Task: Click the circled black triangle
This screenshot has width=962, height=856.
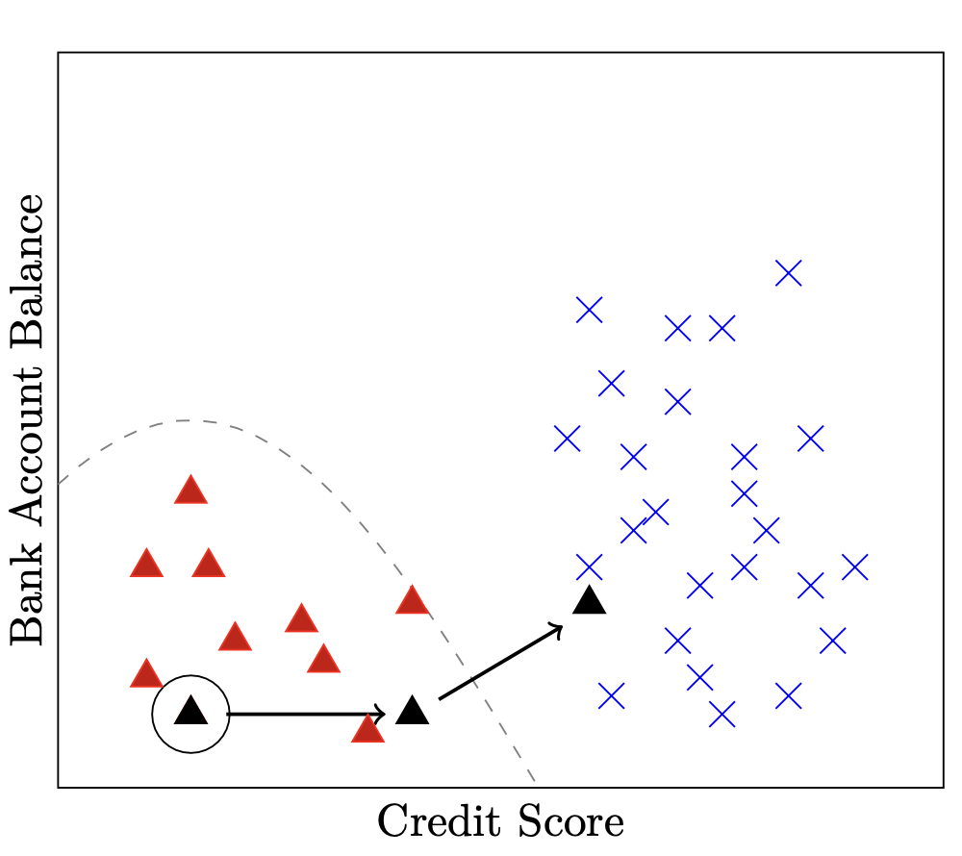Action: (x=190, y=713)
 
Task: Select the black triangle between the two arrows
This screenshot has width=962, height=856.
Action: (x=412, y=712)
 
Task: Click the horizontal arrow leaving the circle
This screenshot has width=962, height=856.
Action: (x=306, y=714)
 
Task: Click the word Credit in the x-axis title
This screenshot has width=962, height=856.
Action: (x=429, y=823)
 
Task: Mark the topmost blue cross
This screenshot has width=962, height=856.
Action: (x=788, y=273)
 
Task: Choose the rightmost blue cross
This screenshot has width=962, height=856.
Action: (x=854, y=566)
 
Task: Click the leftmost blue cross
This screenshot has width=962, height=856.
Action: (x=567, y=439)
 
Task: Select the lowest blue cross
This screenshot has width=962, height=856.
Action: (x=721, y=714)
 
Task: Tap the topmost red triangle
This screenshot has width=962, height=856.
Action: (x=190, y=491)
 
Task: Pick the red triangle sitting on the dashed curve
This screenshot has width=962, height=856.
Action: (x=412, y=601)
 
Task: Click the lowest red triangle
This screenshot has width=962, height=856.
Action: (x=367, y=729)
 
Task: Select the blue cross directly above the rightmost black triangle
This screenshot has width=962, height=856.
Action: (x=589, y=566)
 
